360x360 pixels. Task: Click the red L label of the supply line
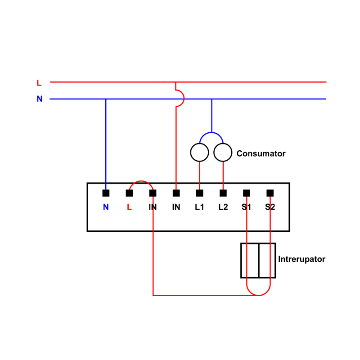tap(39, 83)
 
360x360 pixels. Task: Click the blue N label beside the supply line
tap(40, 99)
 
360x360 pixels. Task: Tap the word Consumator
tap(261, 153)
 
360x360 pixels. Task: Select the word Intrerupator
tap(301, 259)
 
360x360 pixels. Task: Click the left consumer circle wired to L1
tap(199, 153)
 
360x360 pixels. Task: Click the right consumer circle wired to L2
tap(223, 153)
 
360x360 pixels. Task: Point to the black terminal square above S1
tap(247, 193)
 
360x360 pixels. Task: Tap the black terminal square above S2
tap(270, 193)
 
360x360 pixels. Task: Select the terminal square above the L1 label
tap(200, 193)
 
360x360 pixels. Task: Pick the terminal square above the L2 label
tap(223, 193)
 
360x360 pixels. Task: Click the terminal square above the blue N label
tap(106, 193)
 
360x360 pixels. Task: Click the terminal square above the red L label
tap(129, 193)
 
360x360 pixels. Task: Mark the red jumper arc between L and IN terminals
tap(141, 181)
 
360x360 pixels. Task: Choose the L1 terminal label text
tap(199, 207)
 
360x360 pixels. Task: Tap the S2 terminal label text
tap(270, 207)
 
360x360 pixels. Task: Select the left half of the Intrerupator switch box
tap(250, 261)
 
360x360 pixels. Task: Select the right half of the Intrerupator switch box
tap(267, 261)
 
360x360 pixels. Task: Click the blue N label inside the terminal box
tap(106, 207)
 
